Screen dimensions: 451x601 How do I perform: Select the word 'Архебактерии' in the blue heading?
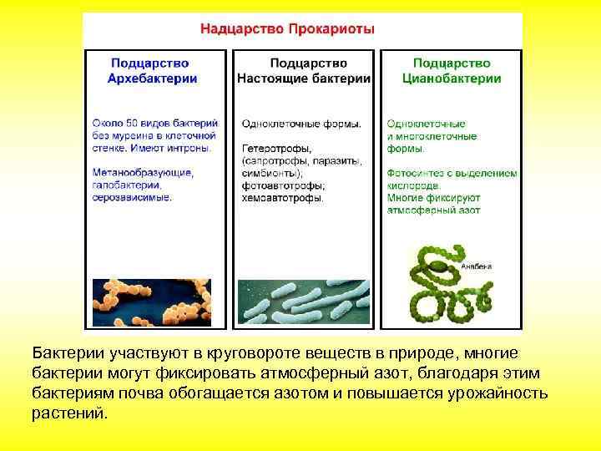coord(152,79)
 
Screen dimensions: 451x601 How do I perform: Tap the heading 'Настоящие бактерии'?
coord(304,79)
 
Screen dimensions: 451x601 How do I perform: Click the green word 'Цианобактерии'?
coord(452,79)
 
